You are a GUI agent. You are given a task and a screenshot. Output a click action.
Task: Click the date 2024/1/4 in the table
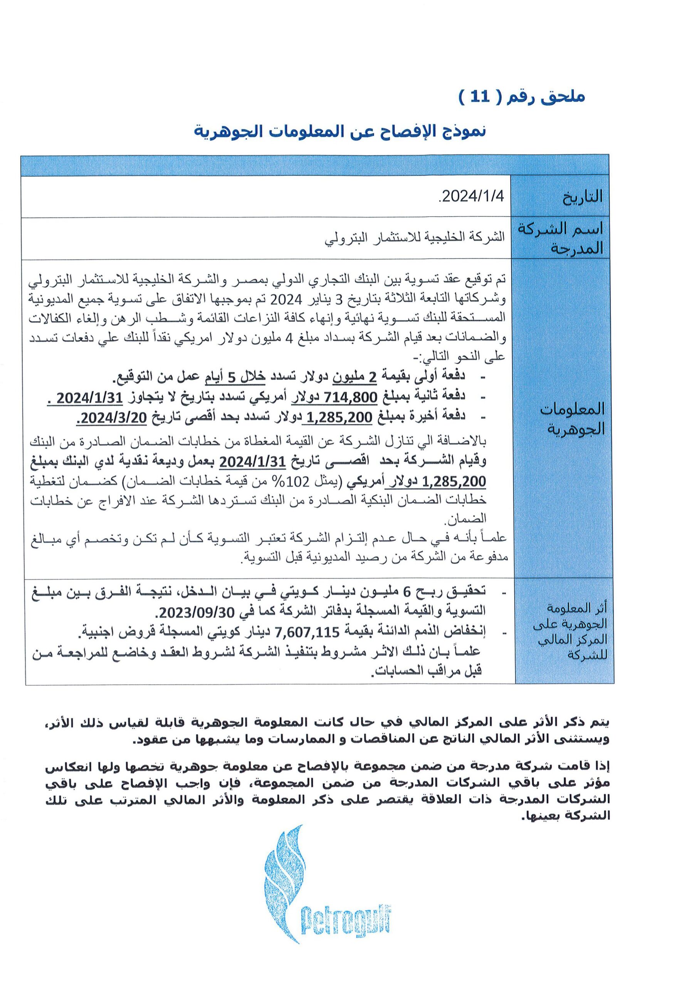(x=473, y=197)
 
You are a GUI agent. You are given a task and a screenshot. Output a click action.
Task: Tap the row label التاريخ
(x=582, y=197)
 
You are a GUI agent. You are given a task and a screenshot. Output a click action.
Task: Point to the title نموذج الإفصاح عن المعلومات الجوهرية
(x=340, y=131)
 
